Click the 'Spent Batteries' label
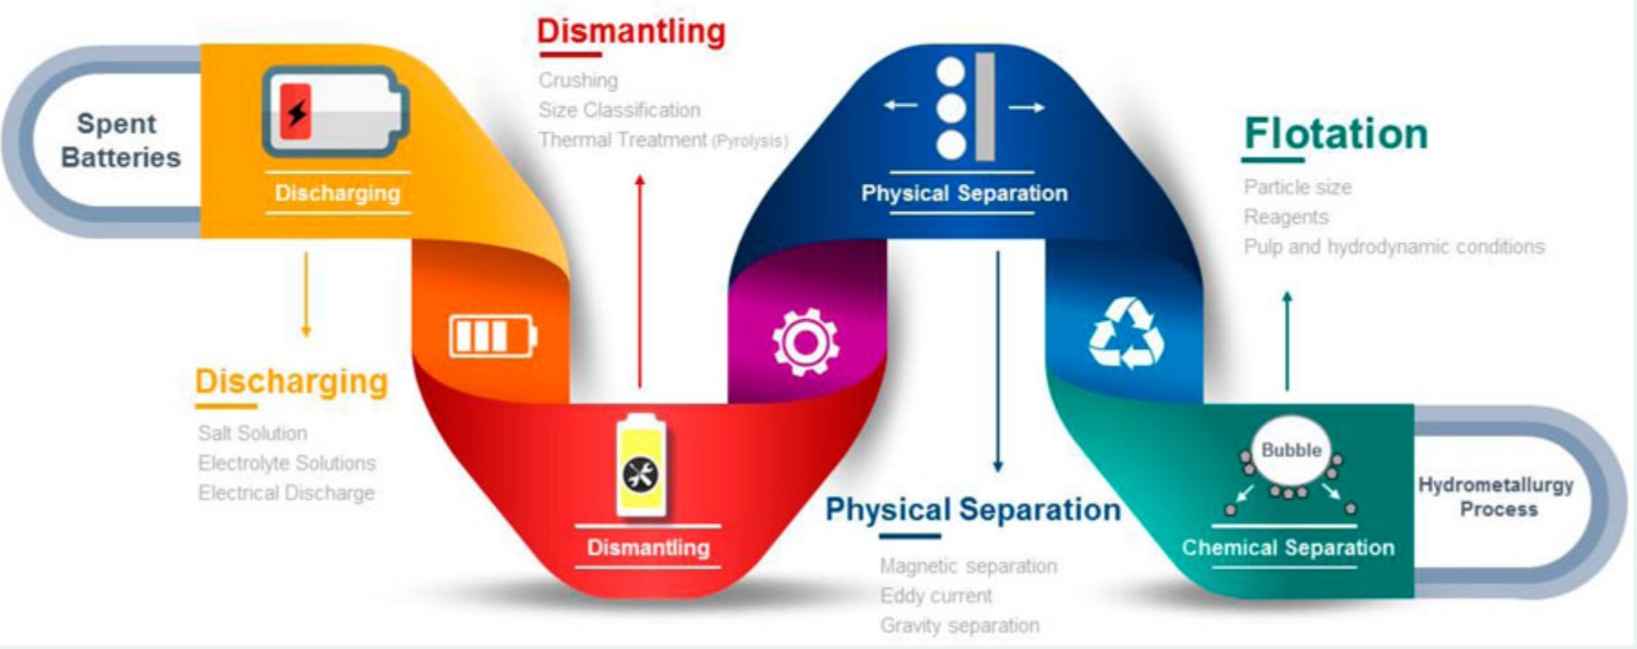pyautogui.click(x=120, y=140)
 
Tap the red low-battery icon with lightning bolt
pyautogui.click(x=333, y=112)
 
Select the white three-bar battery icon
pyautogui.click(x=493, y=336)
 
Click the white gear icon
pyautogui.click(x=804, y=342)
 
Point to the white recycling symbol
pyautogui.click(x=1126, y=334)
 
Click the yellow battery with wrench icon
pyautogui.click(x=641, y=468)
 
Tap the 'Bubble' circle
pyautogui.click(x=1291, y=450)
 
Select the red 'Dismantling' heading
pyautogui.click(x=631, y=32)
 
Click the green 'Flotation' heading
pyautogui.click(x=1335, y=134)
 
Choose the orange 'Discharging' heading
pyautogui.click(x=291, y=382)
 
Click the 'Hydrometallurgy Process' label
pyautogui.click(x=1497, y=497)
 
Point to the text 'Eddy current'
pyautogui.click(x=936, y=596)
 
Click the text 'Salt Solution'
pyautogui.click(x=253, y=433)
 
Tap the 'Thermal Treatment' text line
pyautogui.click(x=662, y=140)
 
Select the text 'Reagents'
pyautogui.click(x=1286, y=218)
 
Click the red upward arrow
pyautogui.click(x=640, y=281)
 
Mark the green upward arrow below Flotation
pyautogui.click(x=1287, y=340)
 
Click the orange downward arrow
pyautogui.click(x=305, y=295)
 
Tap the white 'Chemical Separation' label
pyautogui.click(x=1287, y=547)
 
